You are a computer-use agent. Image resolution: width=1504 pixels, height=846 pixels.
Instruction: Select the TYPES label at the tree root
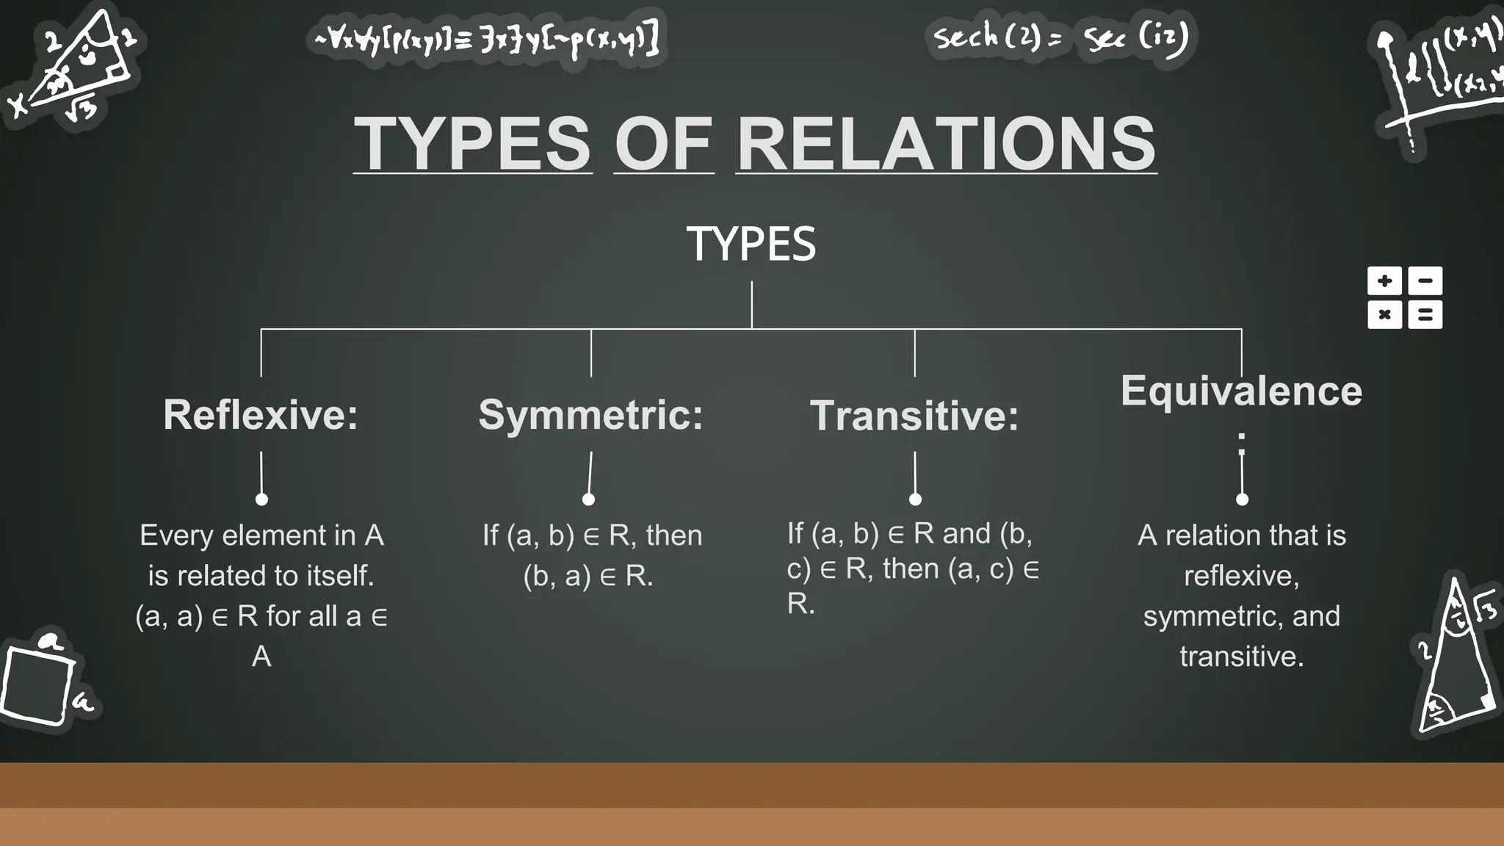(751, 244)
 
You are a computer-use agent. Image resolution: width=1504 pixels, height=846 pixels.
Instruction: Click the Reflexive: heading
(261, 414)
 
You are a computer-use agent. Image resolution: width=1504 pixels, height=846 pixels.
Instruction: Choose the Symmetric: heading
(590, 414)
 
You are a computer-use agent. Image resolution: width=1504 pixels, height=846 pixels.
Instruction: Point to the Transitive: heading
(914, 416)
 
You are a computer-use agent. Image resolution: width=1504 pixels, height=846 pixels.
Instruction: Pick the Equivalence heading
(1241, 391)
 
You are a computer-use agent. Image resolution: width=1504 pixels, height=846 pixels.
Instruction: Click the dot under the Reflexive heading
(261, 499)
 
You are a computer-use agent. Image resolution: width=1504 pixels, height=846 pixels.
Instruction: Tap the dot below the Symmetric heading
(588, 499)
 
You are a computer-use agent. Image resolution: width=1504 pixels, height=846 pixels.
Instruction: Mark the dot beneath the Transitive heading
(915, 499)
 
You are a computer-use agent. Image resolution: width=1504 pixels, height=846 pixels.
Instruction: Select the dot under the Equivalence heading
(1242, 499)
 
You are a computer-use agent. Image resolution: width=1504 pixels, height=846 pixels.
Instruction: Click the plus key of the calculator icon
(1384, 281)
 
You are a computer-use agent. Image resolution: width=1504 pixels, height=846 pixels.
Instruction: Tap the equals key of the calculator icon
(1425, 315)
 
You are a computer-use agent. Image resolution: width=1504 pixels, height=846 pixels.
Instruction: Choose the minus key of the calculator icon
(1425, 281)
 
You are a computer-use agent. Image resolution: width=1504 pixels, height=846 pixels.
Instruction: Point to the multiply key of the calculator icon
(1384, 315)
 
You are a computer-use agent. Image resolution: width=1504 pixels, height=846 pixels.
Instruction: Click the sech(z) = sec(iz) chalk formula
(1060, 37)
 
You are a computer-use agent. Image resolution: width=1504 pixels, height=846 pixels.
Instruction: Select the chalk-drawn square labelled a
(37, 684)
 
